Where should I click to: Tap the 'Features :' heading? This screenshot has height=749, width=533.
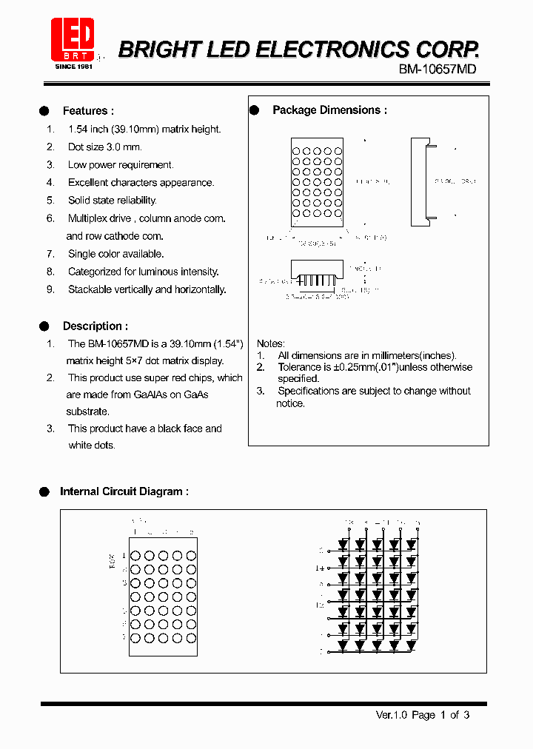tap(88, 111)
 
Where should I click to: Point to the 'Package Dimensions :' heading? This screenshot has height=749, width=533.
tap(329, 110)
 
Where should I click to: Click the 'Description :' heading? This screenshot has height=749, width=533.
tap(95, 326)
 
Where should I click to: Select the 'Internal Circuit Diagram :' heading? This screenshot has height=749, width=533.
tap(124, 491)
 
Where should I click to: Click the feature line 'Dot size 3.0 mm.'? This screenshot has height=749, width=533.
tap(104, 147)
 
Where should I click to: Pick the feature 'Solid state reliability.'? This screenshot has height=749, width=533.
tap(112, 201)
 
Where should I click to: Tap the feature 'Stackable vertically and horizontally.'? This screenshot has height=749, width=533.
tap(147, 289)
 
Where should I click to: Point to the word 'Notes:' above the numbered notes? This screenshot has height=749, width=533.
tap(270, 344)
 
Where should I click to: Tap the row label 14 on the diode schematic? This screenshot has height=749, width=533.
tap(321, 568)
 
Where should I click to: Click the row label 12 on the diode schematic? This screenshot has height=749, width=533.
tap(321, 605)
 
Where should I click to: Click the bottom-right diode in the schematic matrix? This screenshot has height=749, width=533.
tap(412, 645)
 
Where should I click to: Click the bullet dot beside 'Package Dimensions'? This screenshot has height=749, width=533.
tap(254, 110)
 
